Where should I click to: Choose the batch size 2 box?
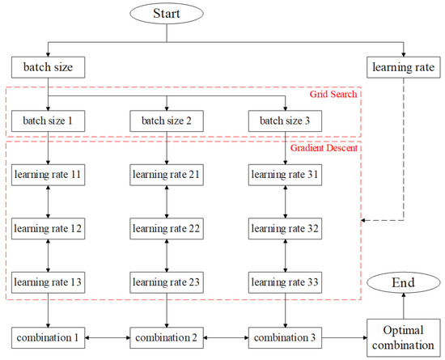(166, 122)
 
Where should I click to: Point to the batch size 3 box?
(284, 122)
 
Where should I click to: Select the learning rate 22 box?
(166, 229)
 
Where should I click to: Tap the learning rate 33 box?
(284, 283)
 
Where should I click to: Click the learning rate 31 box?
(284, 176)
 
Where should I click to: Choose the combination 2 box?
(166, 334)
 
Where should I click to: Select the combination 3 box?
(284, 334)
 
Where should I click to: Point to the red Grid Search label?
(333, 95)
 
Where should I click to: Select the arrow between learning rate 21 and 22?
(166, 202)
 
